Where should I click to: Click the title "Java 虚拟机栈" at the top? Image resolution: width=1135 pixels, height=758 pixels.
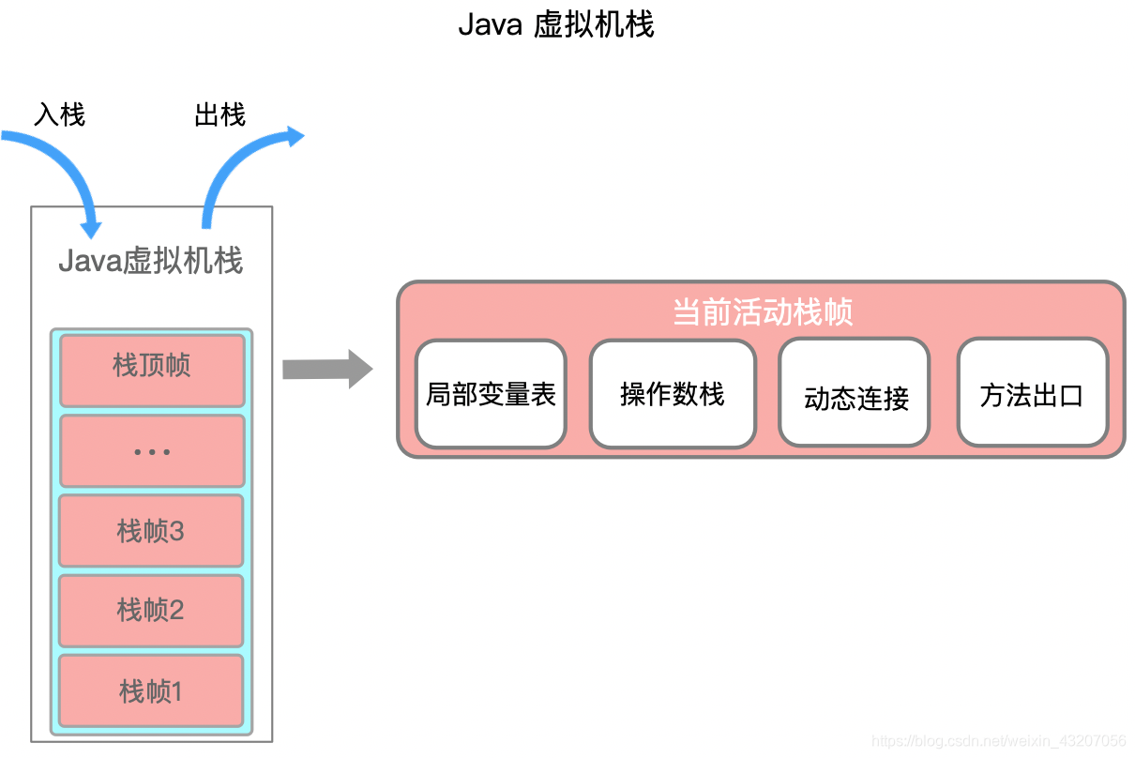[x=555, y=25]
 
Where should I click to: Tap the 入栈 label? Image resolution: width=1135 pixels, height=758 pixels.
[x=59, y=114]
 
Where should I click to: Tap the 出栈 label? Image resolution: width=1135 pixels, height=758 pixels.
[x=219, y=114]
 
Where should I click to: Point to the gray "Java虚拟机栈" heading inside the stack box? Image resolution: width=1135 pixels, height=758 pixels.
[x=151, y=260]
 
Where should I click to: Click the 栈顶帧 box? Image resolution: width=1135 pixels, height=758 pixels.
[x=152, y=365]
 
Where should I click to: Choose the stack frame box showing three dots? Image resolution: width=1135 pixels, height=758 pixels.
[x=152, y=451]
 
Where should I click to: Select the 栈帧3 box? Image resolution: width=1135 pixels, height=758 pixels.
[x=151, y=531]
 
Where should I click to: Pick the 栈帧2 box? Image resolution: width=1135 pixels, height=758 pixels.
[x=151, y=611]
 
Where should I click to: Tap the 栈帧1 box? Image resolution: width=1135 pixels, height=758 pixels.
[x=151, y=691]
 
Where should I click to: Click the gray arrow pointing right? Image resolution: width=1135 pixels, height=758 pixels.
[x=324, y=369]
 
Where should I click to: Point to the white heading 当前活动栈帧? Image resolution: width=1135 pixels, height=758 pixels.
[x=762, y=311]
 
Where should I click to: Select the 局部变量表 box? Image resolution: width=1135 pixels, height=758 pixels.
[x=491, y=394]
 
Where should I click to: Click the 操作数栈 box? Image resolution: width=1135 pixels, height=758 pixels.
[x=673, y=394]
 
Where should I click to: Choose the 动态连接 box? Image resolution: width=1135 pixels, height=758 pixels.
[x=855, y=394]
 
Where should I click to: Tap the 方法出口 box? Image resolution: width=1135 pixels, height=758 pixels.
[x=1032, y=394]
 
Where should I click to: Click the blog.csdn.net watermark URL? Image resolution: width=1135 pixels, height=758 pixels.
[x=998, y=741]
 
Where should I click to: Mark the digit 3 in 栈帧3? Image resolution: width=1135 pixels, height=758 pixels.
[x=176, y=531]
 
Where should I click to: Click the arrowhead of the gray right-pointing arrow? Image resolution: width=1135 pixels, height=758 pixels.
[x=360, y=369]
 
